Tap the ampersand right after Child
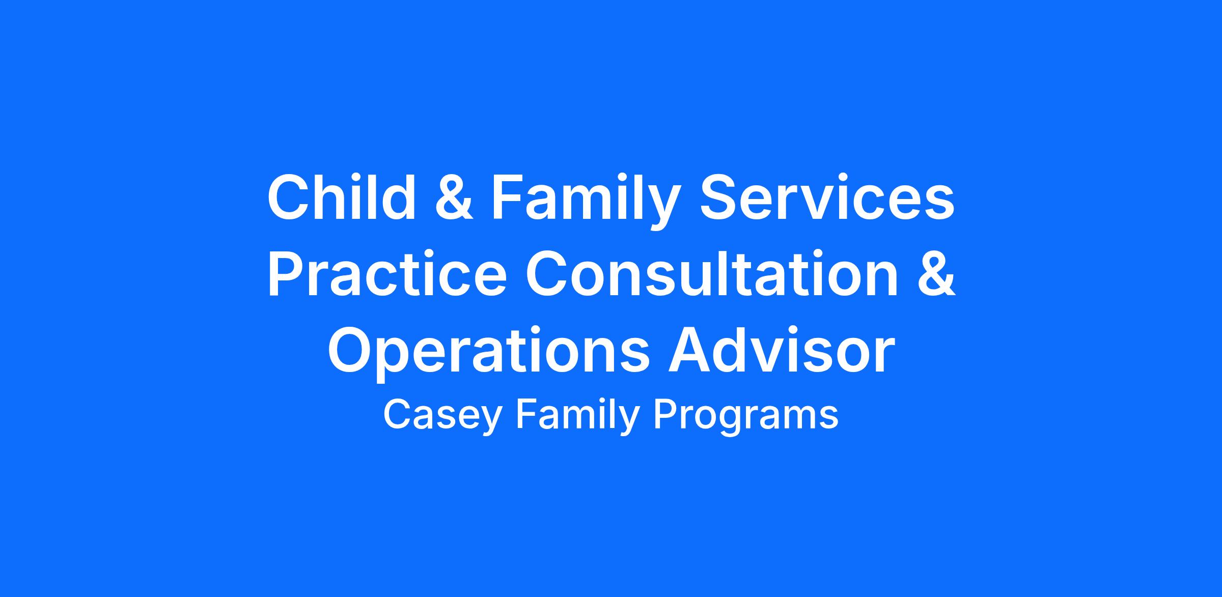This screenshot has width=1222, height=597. point(454,197)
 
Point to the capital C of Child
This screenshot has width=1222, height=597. point(289,197)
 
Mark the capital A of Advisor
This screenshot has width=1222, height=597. point(690,348)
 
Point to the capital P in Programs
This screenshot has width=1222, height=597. point(666,414)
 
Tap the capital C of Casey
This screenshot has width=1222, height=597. point(398,414)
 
